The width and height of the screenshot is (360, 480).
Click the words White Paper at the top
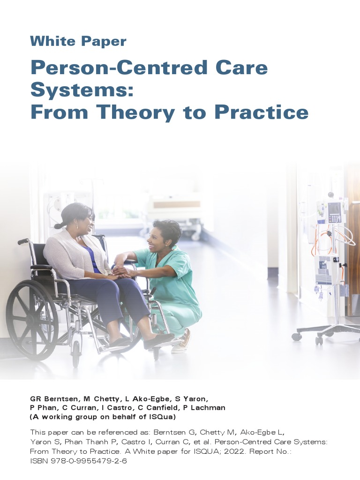78,41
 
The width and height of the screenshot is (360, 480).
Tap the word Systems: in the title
82,90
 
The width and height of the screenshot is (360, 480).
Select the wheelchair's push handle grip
23,241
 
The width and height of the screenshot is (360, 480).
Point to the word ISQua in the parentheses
165,417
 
